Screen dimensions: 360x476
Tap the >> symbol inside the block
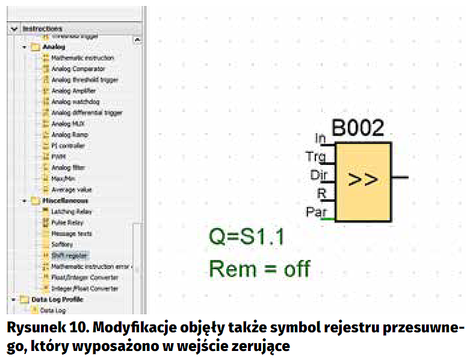[x=363, y=181]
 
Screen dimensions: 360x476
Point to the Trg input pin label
[x=315, y=157]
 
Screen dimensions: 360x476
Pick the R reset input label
[x=321, y=193]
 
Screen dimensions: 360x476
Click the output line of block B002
[x=401, y=178]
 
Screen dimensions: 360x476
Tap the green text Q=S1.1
[x=247, y=238]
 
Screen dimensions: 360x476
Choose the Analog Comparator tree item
[x=78, y=69]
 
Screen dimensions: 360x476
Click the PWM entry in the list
[x=58, y=157]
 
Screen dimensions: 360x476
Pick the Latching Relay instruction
[x=72, y=211]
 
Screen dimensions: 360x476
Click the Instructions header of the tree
[x=42, y=28]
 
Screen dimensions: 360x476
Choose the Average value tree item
[x=72, y=190]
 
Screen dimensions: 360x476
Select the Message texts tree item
[x=72, y=233]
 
